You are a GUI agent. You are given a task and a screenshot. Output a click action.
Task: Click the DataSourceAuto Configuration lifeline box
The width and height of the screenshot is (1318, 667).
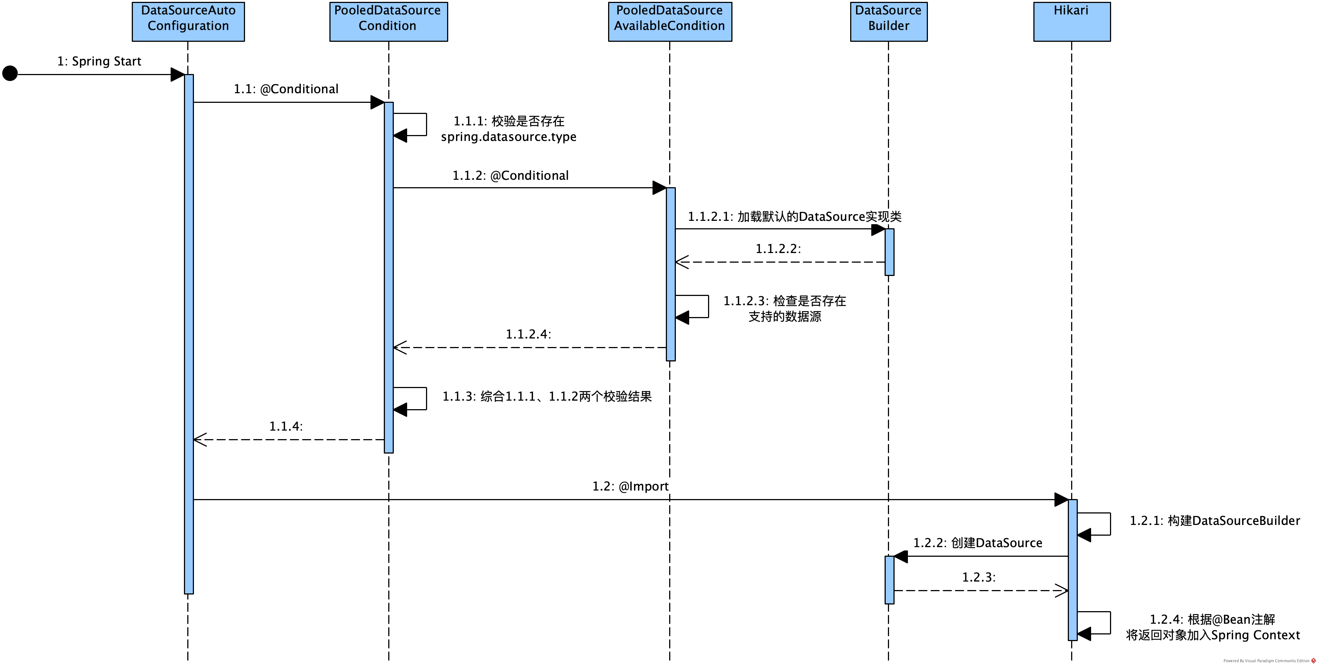(188, 21)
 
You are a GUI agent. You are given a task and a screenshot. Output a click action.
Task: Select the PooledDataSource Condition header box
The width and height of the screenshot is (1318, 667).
(388, 21)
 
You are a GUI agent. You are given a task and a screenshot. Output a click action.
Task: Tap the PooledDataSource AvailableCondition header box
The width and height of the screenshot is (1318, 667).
(670, 21)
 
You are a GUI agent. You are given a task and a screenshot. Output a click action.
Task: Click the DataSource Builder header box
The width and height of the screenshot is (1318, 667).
(889, 21)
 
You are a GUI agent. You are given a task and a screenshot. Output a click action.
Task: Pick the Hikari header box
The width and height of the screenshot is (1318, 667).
(1072, 21)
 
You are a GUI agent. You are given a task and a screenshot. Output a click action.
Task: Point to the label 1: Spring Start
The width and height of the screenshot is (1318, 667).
(99, 61)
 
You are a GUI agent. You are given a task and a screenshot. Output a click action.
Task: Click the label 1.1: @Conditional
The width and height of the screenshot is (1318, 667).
(286, 89)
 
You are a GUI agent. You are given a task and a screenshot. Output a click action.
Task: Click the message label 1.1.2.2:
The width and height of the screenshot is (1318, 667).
(778, 249)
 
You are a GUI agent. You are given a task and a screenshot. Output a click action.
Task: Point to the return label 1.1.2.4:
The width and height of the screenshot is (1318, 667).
(529, 334)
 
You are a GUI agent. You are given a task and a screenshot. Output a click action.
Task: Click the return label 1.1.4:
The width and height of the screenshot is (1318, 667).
(286, 427)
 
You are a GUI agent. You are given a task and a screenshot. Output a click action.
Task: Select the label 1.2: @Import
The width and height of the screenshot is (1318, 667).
(630, 486)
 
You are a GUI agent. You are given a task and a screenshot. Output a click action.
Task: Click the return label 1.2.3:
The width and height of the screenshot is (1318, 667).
(979, 577)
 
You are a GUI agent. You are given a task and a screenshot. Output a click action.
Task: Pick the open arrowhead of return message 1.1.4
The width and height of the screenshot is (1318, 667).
(199, 440)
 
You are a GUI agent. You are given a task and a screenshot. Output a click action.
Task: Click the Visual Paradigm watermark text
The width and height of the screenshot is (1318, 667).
(1266, 661)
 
